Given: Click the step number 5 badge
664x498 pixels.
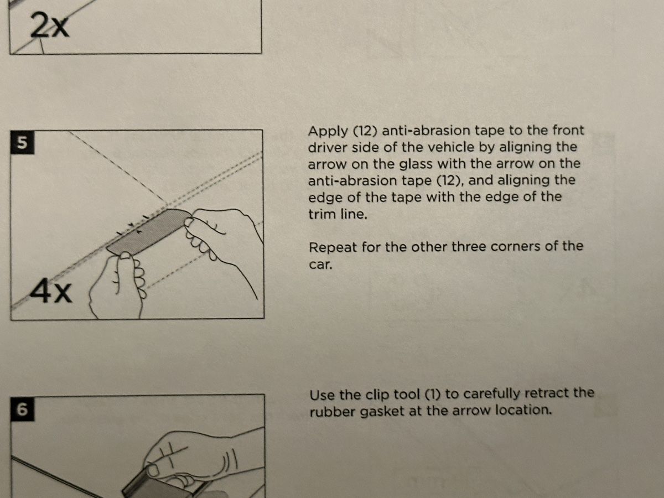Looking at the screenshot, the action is [x=22, y=142].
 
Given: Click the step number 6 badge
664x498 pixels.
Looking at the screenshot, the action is [x=23, y=409].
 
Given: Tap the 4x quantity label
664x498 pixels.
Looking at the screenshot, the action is [x=51, y=290].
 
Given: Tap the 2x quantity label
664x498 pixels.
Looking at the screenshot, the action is [x=50, y=25].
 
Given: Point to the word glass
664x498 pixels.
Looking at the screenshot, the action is [x=416, y=164].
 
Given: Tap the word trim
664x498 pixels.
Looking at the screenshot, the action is [x=322, y=214].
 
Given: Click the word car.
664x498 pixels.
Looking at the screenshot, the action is [x=320, y=265].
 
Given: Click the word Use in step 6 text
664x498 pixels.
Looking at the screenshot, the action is [x=323, y=395].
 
